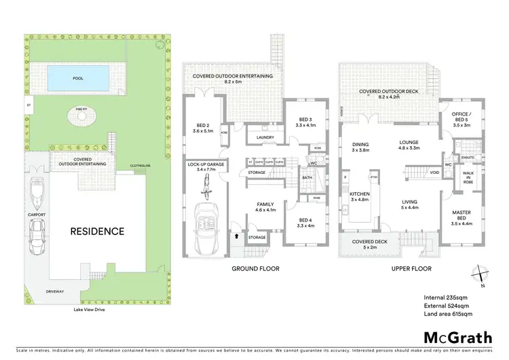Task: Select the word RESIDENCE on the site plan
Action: [x=98, y=231]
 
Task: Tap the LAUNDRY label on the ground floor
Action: [x=265, y=138]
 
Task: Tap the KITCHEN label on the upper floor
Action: [x=359, y=197]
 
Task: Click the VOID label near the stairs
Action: [x=435, y=173]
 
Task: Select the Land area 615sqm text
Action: [x=449, y=314]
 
